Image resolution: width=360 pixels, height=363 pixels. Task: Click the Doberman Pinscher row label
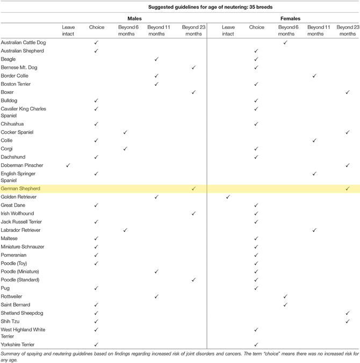coord(22,165)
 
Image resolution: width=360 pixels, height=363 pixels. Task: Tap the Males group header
coord(134,18)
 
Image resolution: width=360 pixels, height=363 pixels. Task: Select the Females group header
coord(290,18)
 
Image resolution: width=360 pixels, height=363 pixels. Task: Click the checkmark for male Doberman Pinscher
coord(68,165)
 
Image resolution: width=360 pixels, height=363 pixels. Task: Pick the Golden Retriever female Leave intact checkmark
coord(228,197)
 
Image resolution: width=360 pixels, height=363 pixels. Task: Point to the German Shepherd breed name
coord(20,188)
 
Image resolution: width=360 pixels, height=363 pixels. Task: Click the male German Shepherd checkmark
coord(193,188)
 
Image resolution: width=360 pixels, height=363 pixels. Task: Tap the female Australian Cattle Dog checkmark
coord(285,42)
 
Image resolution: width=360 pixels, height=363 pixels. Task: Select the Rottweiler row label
coord(11,296)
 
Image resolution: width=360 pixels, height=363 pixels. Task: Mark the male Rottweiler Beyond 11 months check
coord(156,296)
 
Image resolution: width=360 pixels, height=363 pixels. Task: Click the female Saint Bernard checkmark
coord(285,304)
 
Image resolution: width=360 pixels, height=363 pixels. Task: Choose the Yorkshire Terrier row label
coord(18,345)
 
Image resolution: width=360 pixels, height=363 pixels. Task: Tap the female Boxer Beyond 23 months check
coord(348,92)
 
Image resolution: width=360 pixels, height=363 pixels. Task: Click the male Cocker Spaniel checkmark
coord(125,132)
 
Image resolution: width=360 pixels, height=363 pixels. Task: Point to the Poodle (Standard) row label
coord(20,280)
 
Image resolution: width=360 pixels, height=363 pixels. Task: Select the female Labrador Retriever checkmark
coord(314,230)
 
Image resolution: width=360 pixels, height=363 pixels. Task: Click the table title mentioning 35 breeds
coord(210,7)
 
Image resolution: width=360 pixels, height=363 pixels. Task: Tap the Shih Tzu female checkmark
coord(348,321)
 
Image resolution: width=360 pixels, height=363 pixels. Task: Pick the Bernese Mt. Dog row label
coord(19,67)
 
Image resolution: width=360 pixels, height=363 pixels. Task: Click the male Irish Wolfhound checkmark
coord(193,213)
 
